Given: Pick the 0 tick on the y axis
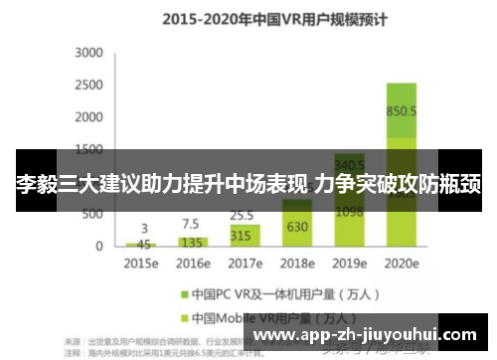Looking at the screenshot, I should point(98,245).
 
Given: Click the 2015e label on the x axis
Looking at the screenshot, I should point(141,265).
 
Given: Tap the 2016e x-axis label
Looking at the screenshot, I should point(193,265).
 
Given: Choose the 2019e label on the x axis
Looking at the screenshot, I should point(349,265).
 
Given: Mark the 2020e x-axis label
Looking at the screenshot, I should point(402,265).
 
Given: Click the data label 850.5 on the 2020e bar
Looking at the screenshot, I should point(402,111).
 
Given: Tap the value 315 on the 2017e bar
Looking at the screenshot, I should point(240,236).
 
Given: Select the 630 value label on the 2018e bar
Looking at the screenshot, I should point(296,226).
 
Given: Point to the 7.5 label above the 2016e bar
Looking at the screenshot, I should point(191,223).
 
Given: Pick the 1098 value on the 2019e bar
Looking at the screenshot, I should point(349,212).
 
